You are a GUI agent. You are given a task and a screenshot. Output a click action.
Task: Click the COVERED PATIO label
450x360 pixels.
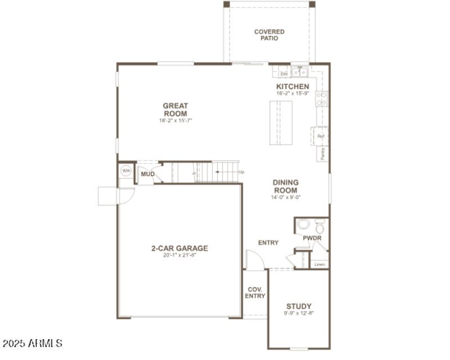pos(269,35)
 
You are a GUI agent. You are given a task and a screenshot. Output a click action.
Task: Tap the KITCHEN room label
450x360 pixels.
pos(292,86)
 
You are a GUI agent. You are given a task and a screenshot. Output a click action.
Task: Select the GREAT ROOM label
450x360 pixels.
pos(175,110)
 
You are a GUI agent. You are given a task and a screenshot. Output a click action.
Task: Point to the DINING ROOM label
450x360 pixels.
pos(286,186)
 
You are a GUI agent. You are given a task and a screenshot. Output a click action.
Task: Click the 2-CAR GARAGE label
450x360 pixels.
pos(179,248)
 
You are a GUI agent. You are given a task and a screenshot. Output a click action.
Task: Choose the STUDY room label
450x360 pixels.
pos(299,307)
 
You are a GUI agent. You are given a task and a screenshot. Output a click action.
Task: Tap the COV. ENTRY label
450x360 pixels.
pos(255,292)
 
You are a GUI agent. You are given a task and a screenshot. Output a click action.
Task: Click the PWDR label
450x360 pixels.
pos(312,238)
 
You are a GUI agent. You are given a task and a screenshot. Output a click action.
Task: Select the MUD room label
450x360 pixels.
pos(147,174)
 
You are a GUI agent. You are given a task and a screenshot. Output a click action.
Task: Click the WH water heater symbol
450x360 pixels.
pos(126,170)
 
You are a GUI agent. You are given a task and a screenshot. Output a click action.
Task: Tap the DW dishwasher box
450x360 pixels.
pos(284,74)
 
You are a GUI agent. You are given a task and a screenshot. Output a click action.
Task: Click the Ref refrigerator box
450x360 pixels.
pos(321,136)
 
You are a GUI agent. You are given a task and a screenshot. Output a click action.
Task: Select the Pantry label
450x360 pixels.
pos(322,154)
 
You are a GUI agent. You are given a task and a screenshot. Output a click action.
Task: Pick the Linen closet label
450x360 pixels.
pos(319,264)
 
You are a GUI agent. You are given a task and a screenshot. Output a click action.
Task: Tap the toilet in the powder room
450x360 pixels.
pos(319,228)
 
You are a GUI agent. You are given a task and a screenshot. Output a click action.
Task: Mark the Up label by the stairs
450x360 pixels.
pos(241,172)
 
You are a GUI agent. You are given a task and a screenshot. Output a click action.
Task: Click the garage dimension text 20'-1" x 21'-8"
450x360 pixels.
pos(179,255)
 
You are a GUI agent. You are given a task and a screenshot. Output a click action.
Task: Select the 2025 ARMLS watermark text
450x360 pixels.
pos(33,343)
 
